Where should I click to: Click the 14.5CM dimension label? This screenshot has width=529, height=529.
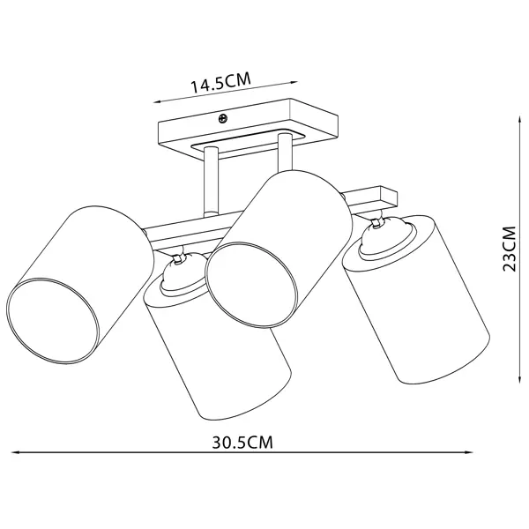pos(221,82)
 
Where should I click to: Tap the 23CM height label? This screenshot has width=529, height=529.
pos(509,249)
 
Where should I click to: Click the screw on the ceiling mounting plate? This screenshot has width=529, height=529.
pos(223,118)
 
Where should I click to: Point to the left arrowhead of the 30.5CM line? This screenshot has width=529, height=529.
pos(15,452)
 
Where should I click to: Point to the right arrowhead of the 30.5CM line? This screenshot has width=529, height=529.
pos(468,452)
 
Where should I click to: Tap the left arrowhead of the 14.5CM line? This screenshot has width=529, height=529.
pos(158,101)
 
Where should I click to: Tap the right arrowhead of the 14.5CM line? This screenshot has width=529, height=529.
pos(293,82)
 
